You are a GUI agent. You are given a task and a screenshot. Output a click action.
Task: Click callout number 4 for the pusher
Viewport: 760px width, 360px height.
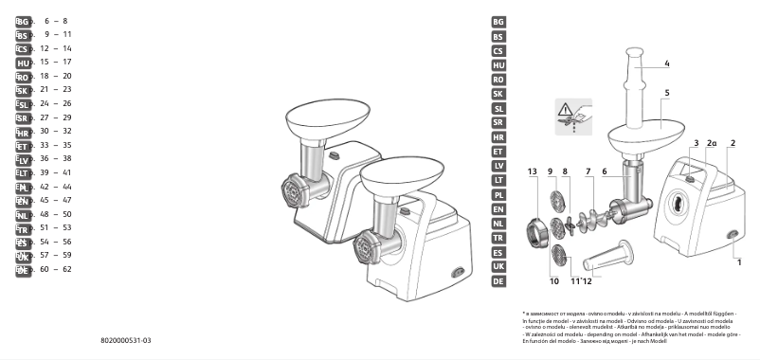tap(667, 63)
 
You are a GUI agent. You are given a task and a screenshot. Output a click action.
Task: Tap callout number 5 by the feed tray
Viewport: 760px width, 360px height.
tap(667, 93)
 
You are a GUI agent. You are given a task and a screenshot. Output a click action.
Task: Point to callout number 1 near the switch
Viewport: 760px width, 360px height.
tap(739, 261)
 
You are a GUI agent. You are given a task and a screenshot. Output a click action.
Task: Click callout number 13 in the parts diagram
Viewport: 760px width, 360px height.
tap(532, 171)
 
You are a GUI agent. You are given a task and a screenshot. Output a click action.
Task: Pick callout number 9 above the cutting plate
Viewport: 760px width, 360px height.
tap(550, 171)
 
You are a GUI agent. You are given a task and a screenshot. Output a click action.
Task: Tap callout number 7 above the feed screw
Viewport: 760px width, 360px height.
tap(588, 171)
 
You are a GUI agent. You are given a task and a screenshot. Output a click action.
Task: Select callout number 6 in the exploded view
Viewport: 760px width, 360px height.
tap(604, 171)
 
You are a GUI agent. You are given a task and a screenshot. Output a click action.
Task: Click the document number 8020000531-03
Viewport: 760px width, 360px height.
tap(126, 339)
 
